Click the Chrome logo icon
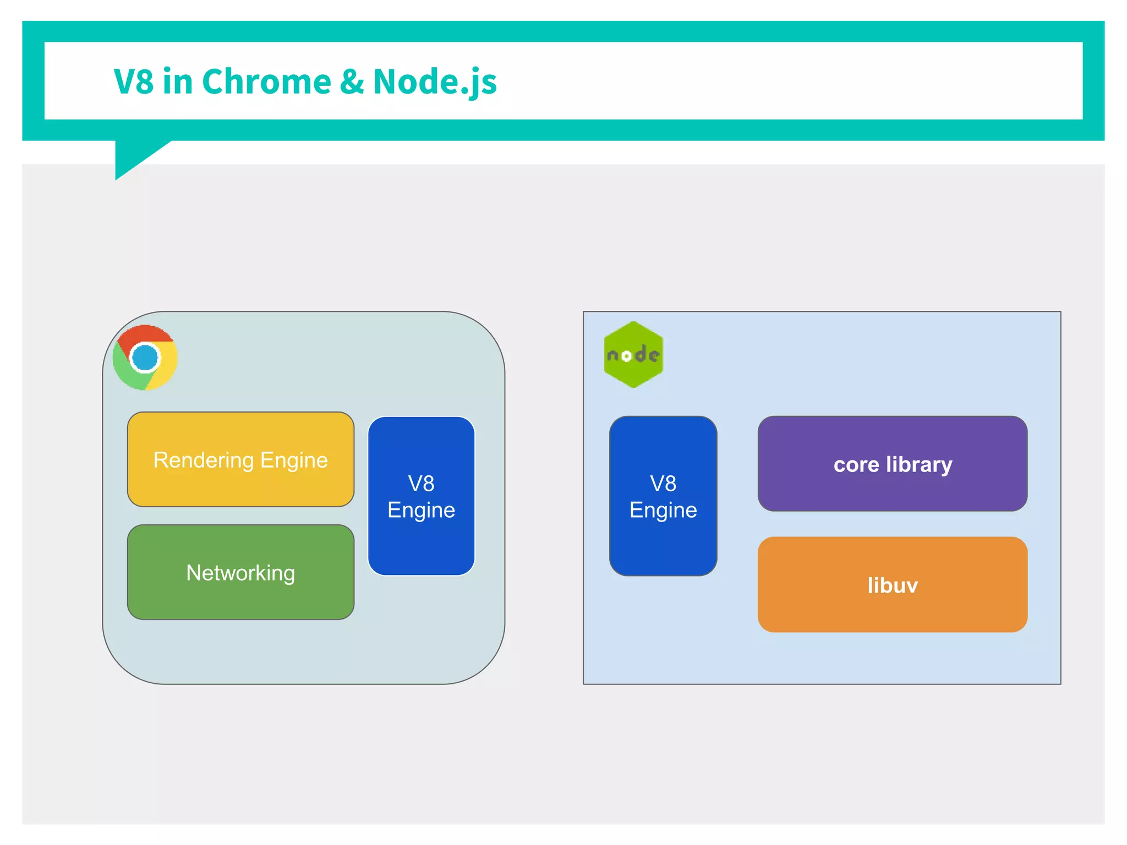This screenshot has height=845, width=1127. pyautogui.click(x=145, y=358)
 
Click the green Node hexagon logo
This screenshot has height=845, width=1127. pyautogui.click(x=633, y=355)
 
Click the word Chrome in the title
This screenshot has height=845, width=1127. pyautogui.click(x=266, y=81)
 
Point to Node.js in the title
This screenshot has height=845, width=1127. pyautogui.click(x=435, y=81)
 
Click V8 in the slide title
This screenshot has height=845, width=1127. pyautogui.click(x=133, y=81)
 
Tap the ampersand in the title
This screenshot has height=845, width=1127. pyautogui.click(x=352, y=81)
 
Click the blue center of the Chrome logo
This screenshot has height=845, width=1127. pyautogui.click(x=145, y=358)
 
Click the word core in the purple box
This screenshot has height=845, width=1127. pyautogui.click(x=856, y=465)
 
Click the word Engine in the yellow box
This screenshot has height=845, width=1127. pyautogui.click(x=294, y=460)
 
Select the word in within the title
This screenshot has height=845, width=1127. pyautogui.click(x=177, y=81)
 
